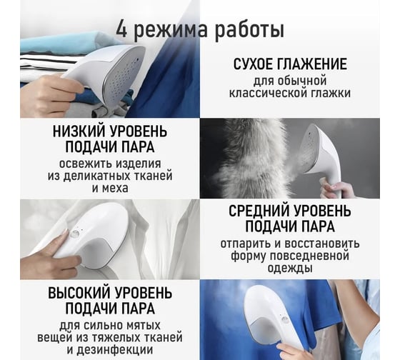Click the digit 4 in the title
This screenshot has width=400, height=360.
(x=121, y=30)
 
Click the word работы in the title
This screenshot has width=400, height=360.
(x=249, y=31)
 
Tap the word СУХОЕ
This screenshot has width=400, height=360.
(x=253, y=64)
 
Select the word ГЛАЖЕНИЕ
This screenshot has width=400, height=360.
(x=311, y=64)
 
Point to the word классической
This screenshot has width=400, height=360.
(x=267, y=93)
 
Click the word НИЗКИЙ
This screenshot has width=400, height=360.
(x=78, y=131)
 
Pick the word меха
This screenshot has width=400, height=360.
(x=115, y=189)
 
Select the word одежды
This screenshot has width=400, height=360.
(x=290, y=268)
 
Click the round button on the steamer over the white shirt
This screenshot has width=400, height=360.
(x=75, y=234)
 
